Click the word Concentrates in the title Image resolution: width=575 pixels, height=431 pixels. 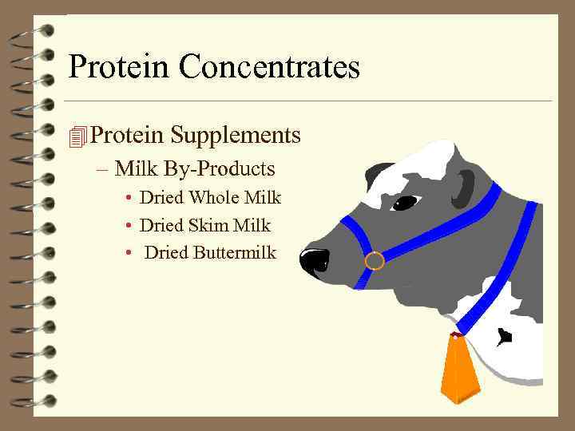[x=269, y=66]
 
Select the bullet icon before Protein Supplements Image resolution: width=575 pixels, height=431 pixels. [x=77, y=137]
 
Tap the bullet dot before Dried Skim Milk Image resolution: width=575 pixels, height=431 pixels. [x=128, y=226]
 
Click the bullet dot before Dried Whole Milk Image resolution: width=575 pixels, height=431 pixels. [x=128, y=198]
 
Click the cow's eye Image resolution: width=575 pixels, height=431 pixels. [x=405, y=203]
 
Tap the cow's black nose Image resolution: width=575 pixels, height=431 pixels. [x=314, y=260]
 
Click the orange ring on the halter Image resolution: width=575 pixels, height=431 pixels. [x=374, y=261]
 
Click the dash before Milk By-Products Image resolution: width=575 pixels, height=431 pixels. [x=103, y=170]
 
